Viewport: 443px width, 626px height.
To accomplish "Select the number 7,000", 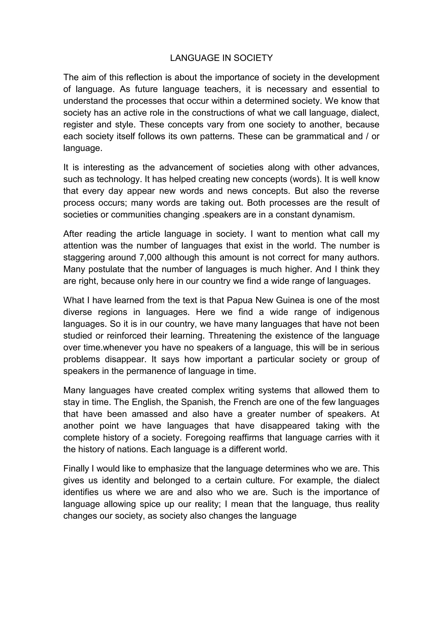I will pyautogui.click(x=151, y=257).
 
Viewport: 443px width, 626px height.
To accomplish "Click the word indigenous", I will pyautogui.click(x=358, y=312).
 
